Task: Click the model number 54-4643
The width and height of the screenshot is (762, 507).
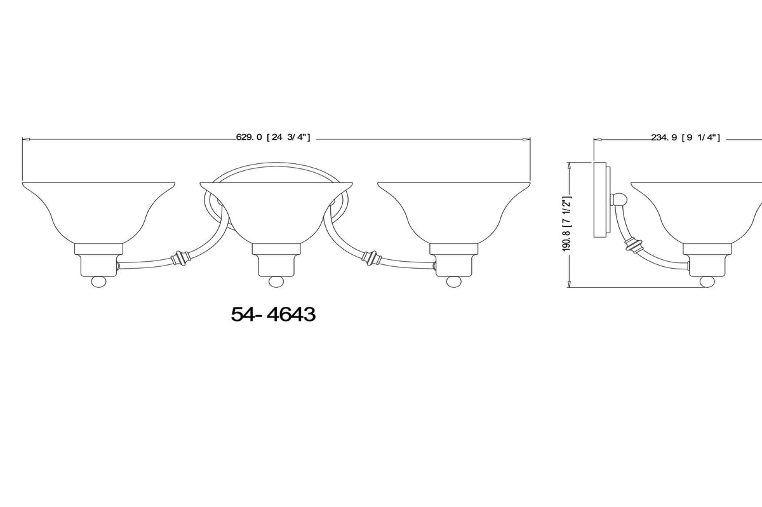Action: coord(273,314)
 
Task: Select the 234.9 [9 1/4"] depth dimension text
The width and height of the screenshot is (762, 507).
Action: coord(685,137)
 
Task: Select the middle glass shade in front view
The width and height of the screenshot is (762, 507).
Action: coord(276,210)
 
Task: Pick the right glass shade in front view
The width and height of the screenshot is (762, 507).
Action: coord(453,210)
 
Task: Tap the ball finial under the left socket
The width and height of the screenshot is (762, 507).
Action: coord(98,281)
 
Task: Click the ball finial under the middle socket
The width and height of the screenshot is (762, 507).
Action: coord(276,281)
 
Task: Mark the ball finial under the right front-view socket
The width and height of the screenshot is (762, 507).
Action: coord(453,281)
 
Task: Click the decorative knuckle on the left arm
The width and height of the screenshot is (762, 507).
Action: coord(181,259)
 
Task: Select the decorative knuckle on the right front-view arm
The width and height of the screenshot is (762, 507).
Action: coord(370,259)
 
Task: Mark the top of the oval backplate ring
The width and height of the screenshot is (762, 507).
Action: coord(276,163)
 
